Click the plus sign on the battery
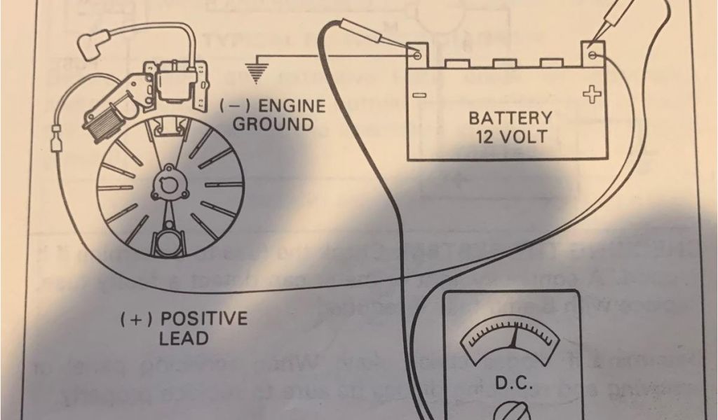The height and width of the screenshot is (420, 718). point(593,94)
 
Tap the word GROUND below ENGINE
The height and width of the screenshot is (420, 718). point(272,125)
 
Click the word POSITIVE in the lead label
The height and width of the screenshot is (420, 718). point(203,320)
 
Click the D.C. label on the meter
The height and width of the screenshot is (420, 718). point(515,384)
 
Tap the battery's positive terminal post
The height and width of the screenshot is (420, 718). point(593,52)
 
